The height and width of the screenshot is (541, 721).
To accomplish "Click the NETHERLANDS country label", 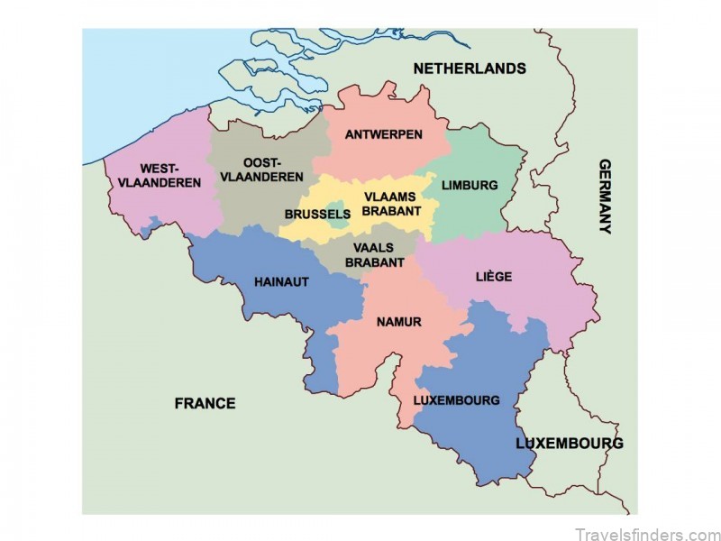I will coord(469,69).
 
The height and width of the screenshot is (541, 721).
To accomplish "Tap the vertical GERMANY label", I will coord(605,197).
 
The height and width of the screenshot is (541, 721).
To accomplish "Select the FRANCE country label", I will coord(205,403).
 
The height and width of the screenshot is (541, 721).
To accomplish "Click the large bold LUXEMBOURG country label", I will coord(569,444).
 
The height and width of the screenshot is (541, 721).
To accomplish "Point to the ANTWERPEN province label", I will coord(384,134).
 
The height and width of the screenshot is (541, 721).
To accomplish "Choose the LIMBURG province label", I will coord(470,185).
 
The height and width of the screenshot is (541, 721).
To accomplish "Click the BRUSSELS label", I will coord(316,215).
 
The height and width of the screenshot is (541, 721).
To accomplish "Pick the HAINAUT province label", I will coord(281,282).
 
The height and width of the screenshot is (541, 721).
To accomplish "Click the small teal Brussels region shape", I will coord(335,207).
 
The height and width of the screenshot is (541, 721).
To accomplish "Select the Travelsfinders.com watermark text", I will coord(643,532).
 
